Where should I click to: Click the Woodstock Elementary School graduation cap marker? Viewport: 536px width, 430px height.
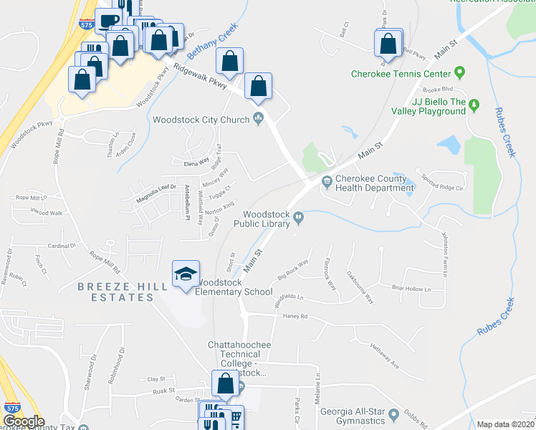point(186,274)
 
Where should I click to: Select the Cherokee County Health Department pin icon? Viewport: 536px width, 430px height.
point(327,181)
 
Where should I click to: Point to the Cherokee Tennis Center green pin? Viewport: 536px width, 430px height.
point(459,73)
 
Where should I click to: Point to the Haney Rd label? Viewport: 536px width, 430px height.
point(295,315)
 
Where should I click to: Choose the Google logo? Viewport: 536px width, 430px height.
point(23,421)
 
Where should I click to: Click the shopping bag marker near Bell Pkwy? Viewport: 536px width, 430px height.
point(388,44)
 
